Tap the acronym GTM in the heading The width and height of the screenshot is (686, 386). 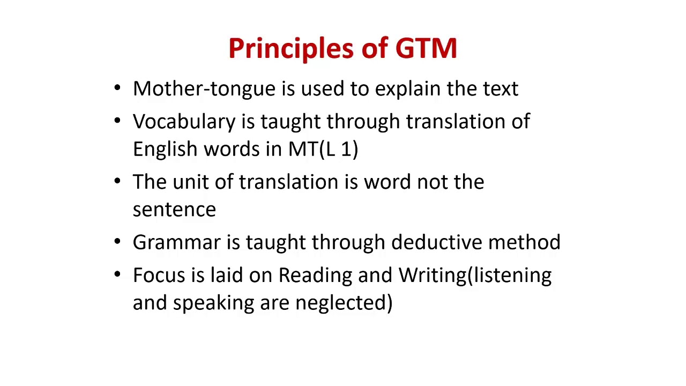pyautogui.click(x=426, y=48)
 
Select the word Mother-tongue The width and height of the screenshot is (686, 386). pyautogui.click(x=204, y=89)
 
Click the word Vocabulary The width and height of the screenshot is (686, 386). pyautogui.click(x=184, y=122)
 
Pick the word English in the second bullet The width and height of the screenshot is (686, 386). pyautogui.click(x=165, y=149)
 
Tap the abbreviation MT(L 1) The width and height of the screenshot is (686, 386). pyautogui.click(x=323, y=149)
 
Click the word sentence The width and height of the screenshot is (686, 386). pyautogui.click(x=174, y=210)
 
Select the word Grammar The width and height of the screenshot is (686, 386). pyautogui.click(x=176, y=242)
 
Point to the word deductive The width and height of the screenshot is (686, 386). pyautogui.click(x=437, y=242)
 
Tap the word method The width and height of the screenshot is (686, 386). pyautogui.click(x=524, y=242)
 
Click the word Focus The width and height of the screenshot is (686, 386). pyautogui.click(x=159, y=275)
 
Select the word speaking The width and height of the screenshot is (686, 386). pyautogui.click(x=213, y=303)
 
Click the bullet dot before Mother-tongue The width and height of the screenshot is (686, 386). pyautogui.click(x=117, y=88)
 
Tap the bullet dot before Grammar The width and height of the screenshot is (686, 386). pyautogui.click(x=117, y=242)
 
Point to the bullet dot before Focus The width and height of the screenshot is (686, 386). pyautogui.click(x=117, y=274)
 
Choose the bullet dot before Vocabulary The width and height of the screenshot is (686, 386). pyautogui.click(x=117, y=121)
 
